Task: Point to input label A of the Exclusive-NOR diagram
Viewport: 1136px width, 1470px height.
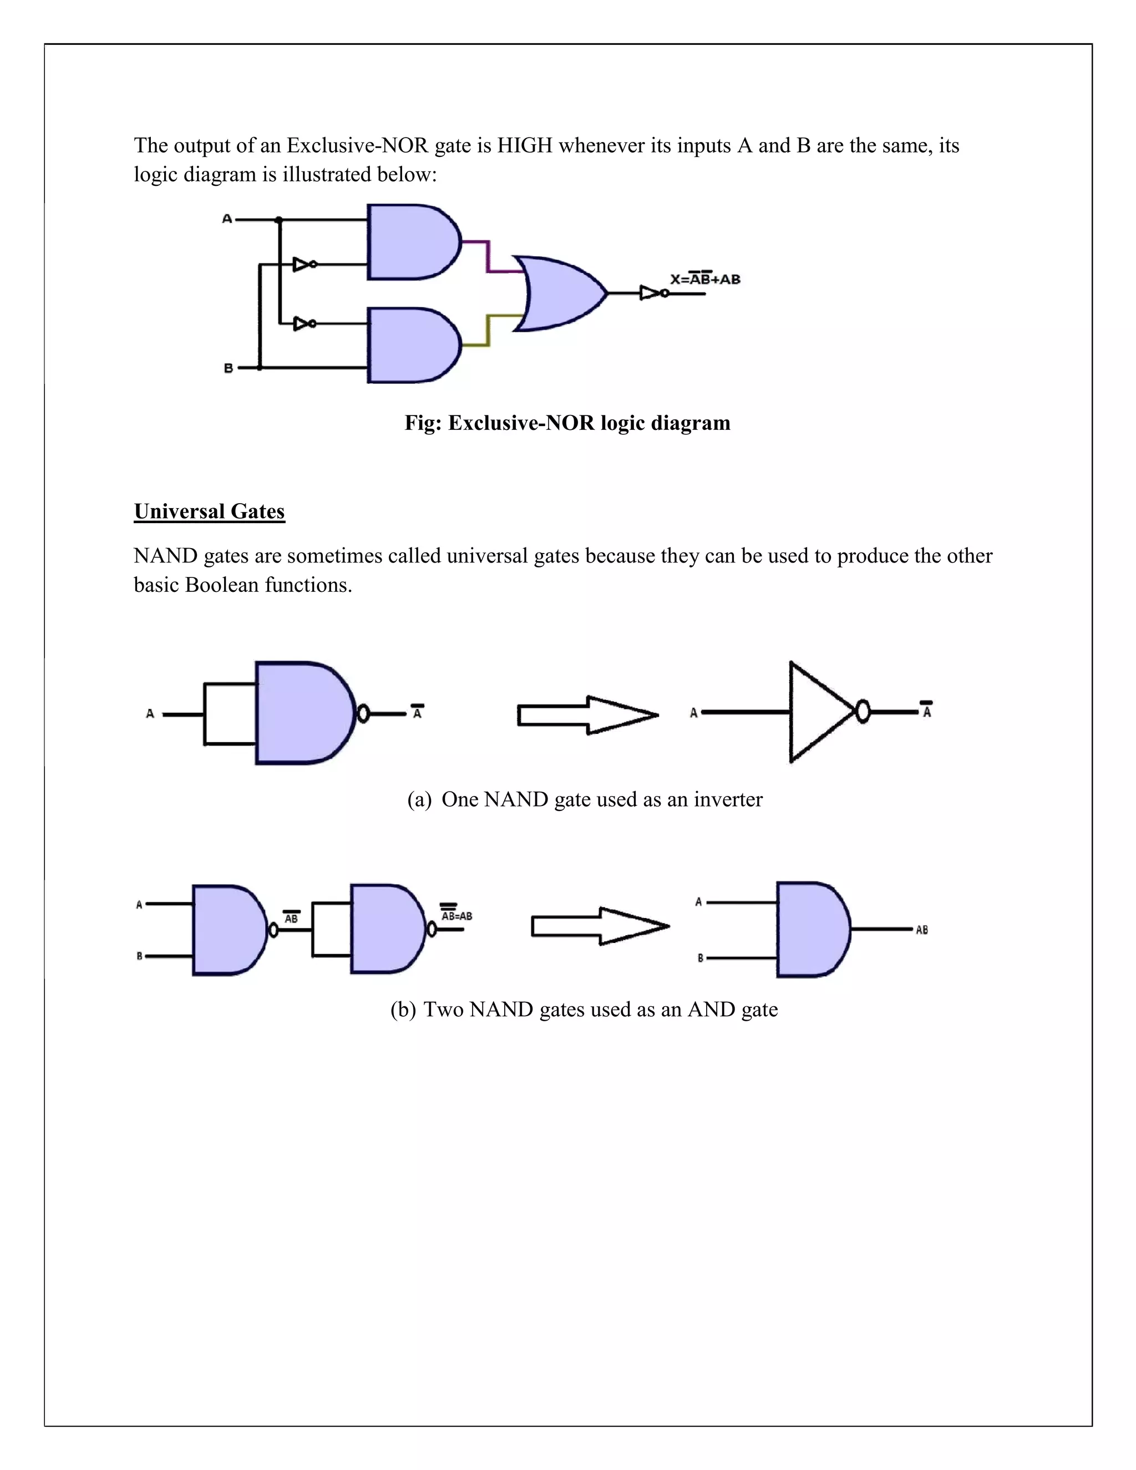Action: (227, 219)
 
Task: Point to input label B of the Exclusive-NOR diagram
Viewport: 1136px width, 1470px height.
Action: (228, 368)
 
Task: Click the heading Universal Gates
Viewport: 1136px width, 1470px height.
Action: (209, 511)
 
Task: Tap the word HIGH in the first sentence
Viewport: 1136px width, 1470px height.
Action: (524, 145)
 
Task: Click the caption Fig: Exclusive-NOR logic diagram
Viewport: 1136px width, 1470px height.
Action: (567, 423)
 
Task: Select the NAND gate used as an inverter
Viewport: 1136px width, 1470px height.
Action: (303, 713)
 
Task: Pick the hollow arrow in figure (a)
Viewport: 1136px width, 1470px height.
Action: (587, 715)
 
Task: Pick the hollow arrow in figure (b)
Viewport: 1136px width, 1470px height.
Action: (600, 926)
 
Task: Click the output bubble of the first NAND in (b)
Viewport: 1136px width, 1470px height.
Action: (273, 930)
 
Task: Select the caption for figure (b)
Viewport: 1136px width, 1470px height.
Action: (584, 1010)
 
